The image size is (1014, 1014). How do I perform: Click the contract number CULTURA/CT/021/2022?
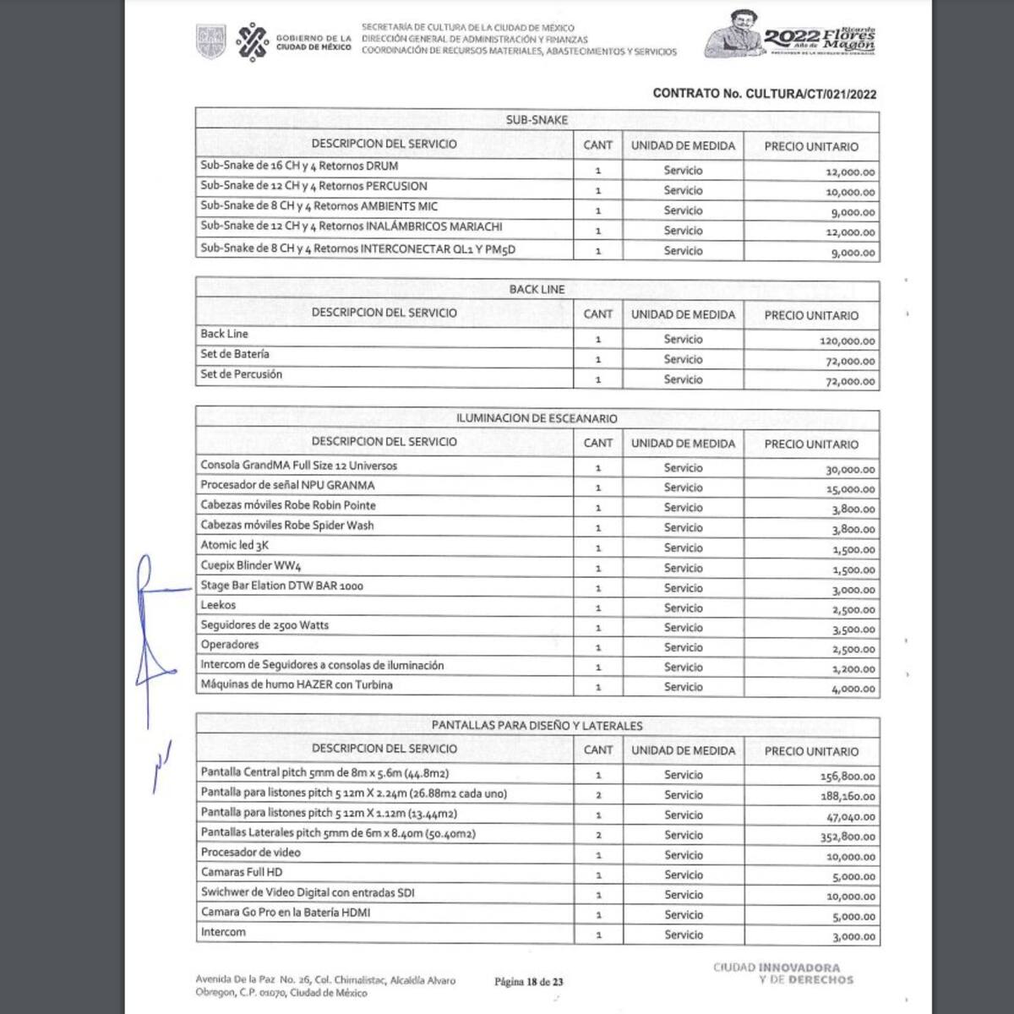click(x=764, y=94)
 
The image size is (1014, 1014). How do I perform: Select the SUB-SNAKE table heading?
click(x=537, y=120)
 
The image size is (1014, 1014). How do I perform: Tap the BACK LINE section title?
click(x=537, y=289)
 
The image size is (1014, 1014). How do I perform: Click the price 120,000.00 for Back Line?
click(x=848, y=341)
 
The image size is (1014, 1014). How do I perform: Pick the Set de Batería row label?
click(x=235, y=354)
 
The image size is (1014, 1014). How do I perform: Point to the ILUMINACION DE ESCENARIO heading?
click(x=537, y=418)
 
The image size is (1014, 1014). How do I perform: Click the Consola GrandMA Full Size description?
click(x=298, y=466)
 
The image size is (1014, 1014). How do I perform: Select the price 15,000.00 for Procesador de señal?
click(x=850, y=489)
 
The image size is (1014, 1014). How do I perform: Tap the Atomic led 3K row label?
click(x=234, y=545)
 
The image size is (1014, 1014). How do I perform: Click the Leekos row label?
click(x=218, y=605)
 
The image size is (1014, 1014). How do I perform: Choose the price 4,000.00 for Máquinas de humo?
click(x=853, y=689)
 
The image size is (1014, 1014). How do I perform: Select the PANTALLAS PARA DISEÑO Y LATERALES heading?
click(x=537, y=725)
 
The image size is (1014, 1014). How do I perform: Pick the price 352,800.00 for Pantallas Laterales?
click(x=848, y=837)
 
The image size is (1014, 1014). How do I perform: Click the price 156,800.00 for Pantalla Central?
click(x=848, y=777)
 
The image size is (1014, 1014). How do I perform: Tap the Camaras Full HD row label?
click(x=242, y=872)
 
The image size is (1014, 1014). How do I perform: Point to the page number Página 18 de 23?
click(x=529, y=982)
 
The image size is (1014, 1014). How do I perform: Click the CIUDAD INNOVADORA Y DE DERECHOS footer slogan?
click(x=782, y=973)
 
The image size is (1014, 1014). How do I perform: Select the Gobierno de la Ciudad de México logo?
click(x=292, y=41)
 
